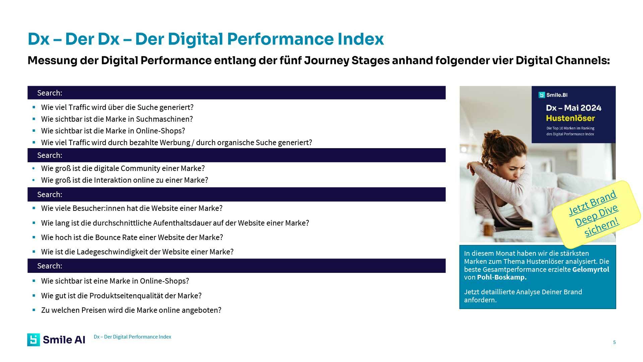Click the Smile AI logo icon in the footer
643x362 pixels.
pos(33,340)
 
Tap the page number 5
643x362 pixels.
pos(614,342)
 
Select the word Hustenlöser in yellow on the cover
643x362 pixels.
pos(570,118)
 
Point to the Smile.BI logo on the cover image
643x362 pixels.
pos(553,95)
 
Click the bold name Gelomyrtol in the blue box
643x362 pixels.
pos(590,269)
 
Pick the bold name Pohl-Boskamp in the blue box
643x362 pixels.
pos(501,277)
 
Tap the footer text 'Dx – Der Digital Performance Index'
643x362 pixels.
pos(132,337)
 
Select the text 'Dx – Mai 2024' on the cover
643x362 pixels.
pos(573,108)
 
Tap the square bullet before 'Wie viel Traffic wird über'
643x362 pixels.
pos(34,107)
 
